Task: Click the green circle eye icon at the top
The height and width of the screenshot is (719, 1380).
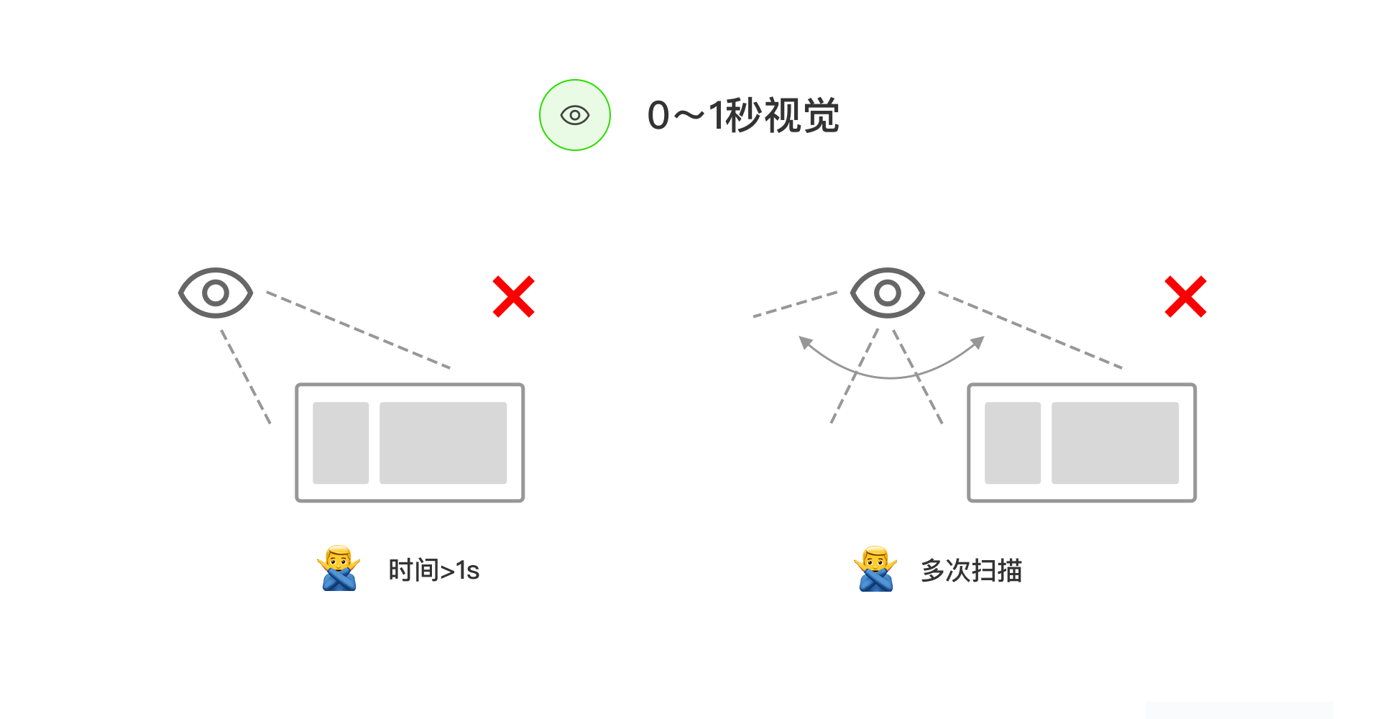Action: coord(575,115)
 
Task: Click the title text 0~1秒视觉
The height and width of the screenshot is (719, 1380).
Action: coord(743,115)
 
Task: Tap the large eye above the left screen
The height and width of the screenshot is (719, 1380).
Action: coord(216,293)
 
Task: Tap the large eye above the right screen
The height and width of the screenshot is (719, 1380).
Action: coord(888,293)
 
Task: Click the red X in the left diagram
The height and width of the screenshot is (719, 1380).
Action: coord(513,296)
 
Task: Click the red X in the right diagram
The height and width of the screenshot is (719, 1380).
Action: coord(1185,296)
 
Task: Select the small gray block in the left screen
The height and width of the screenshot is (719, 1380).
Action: coord(341,443)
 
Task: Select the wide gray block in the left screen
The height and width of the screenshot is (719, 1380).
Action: coord(443,443)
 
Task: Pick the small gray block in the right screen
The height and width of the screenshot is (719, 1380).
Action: coord(1013,443)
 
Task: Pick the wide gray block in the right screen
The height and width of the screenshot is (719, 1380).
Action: coord(1115,443)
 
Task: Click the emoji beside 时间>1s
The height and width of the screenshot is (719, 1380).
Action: coord(339,569)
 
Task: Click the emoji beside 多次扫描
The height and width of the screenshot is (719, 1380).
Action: coord(875,569)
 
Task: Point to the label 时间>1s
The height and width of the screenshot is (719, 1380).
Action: coord(433,570)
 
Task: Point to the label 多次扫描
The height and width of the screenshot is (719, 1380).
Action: coord(971,570)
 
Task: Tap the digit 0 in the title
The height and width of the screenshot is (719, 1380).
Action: coord(658,116)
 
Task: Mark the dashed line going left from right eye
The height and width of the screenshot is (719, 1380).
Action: coord(795,304)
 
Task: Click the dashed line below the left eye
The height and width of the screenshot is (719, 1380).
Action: coord(246,377)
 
